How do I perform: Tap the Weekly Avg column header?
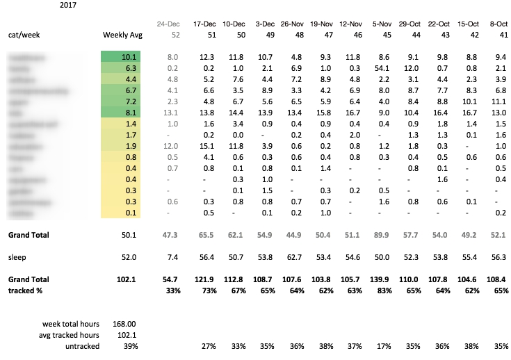122,34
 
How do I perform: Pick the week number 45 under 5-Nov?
385,34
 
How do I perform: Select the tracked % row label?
27,290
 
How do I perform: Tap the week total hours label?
70,323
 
